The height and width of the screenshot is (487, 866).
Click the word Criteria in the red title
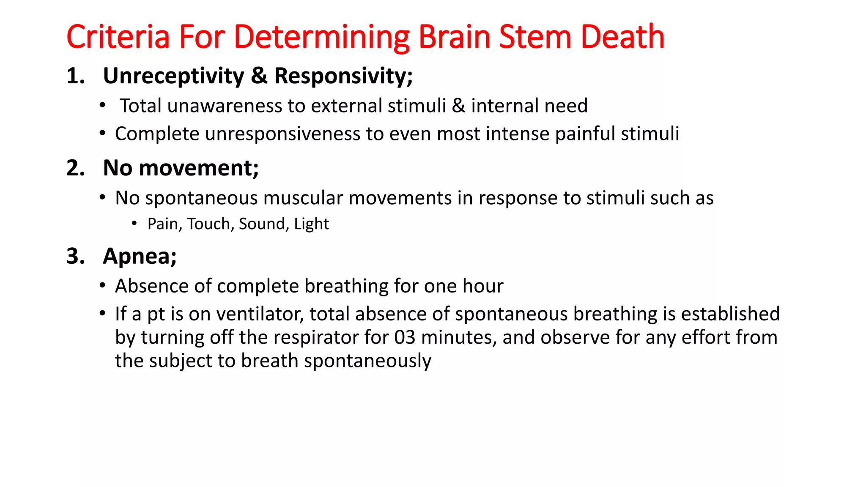click(x=118, y=37)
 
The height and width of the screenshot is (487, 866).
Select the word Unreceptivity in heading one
click(x=173, y=76)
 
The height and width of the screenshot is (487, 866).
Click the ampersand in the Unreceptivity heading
click(x=259, y=76)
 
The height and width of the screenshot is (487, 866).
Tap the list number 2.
click(x=76, y=168)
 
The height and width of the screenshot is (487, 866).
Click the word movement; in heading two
click(x=198, y=168)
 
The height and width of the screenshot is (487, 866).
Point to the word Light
click(x=311, y=224)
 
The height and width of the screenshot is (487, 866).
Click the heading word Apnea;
click(x=140, y=256)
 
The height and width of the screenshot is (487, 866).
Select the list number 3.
click(x=76, y=256)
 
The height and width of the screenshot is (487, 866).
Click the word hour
click(x=483, y=286)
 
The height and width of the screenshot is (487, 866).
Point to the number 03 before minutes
click(x=405, y=338)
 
